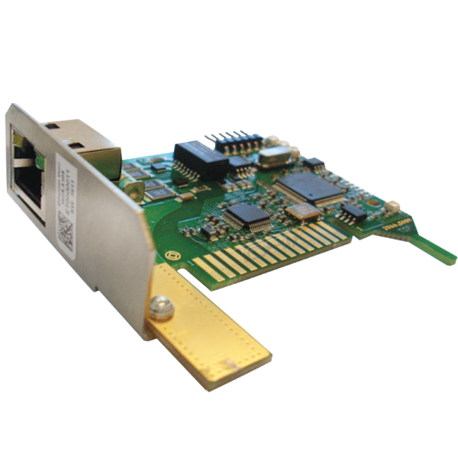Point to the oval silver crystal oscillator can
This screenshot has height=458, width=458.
(271, 157)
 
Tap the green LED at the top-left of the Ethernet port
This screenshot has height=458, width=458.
(18, 140)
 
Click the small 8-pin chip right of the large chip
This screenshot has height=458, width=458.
(352, 211)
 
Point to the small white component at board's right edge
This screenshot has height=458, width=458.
(394, 205)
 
